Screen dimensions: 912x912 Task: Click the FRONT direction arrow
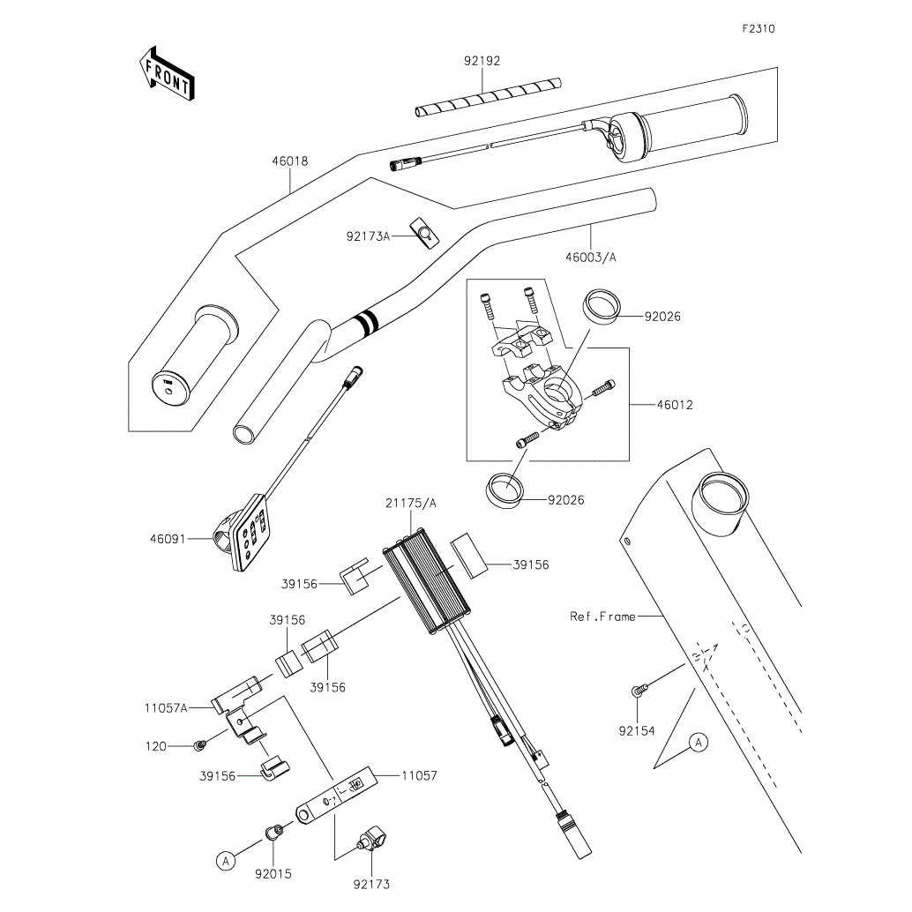coord(166,73)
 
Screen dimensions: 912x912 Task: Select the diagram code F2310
coord(758,29)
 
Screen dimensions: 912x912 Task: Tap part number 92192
coord(482,62)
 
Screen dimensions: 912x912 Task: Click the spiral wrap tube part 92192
coord(490,96)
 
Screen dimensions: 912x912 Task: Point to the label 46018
coord(290,162)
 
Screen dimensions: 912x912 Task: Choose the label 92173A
coord(368,236)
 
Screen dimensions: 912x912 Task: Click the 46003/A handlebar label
coord(591,258)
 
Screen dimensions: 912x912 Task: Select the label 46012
coord(675,406)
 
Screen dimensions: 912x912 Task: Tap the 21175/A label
coord(410,503)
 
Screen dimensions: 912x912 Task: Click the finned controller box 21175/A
coord(427,587)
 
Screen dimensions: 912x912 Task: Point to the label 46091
coord(168,537)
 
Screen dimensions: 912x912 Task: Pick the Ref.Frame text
coord(602,617)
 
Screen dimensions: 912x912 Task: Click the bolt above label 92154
coord(638,690)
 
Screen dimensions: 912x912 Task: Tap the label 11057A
coord(166,707)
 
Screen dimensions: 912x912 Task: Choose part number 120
coord(156,746)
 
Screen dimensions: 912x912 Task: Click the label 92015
coord(273,874)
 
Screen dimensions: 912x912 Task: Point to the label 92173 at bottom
coord(371,884)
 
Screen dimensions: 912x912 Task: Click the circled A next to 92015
coord(227,859)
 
